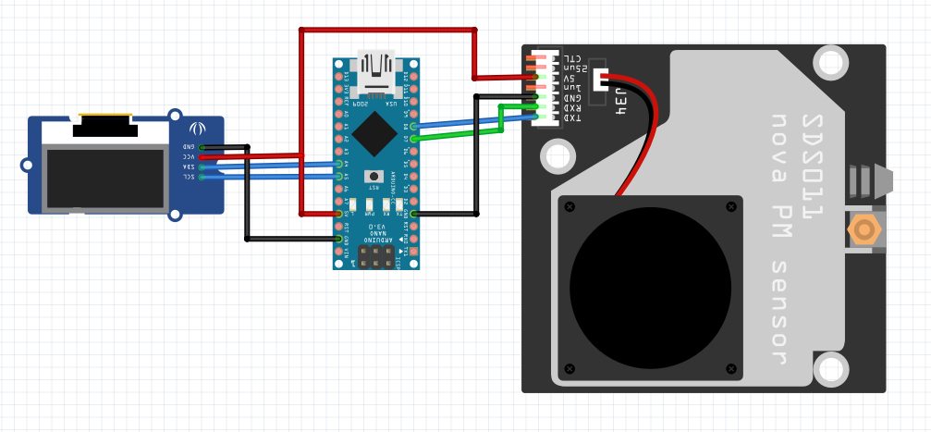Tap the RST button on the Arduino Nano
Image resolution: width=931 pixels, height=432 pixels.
click(x=374, y=176)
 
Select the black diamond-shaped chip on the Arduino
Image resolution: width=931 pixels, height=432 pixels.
click(x=374, y=133)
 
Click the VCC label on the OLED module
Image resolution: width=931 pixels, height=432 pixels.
click(x=188, y=157)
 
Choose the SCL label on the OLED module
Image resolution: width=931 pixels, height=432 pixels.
click(x=188, y=177)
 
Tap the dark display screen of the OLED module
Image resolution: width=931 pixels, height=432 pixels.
click(x=105, y=179)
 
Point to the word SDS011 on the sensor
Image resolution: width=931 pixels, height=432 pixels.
click(x=811, y=167)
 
